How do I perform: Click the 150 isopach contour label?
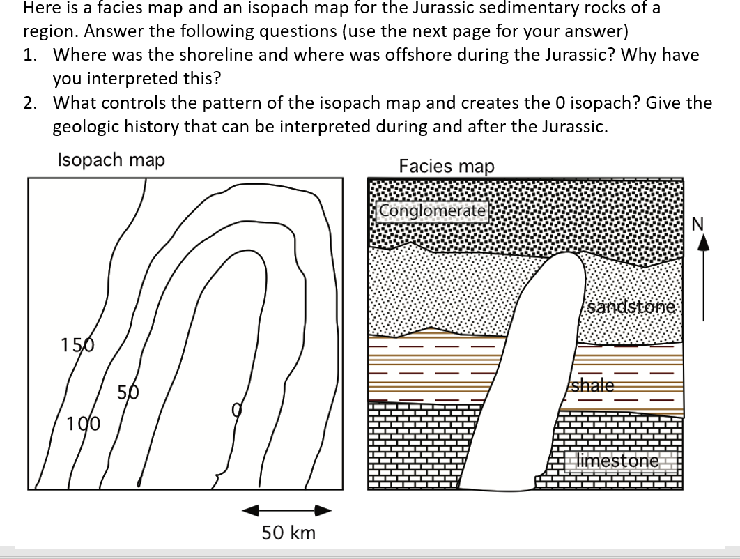pos(75,344)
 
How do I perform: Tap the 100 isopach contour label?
pos(83,423)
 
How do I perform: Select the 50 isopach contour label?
pos(127,393)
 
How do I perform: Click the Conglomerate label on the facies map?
pos(433,210)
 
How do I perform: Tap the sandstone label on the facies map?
pos(631,307)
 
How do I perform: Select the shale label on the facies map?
pos(594,385)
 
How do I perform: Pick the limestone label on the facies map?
pos(618,460)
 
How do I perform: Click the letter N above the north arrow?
pos(699,224)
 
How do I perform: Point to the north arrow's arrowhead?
pos(702,242)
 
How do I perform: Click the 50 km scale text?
pos(288,533)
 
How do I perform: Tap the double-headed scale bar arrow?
pos(286,511)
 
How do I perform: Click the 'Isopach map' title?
pos(111,160)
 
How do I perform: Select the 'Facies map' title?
pos(447,166)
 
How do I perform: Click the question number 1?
pos(29,54)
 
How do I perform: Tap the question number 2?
pos(29,103)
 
